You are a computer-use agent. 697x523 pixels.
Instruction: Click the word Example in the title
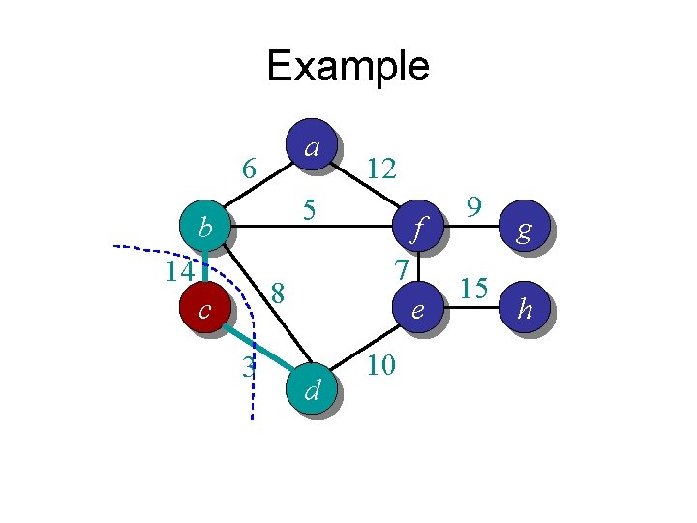pyautogui.click(x=348, y=67)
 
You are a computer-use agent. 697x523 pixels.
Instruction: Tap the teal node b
pyautogui.click(x=204, y=228)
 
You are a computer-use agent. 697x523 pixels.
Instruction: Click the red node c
pyautogui.click(x=204, y=309)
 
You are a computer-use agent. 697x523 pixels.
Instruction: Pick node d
pyautogui.click(x=312, y=389)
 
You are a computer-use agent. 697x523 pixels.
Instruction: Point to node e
pyautogui.click(x=417, y=309)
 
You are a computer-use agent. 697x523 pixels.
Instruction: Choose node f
pyautogui.click(x=417, y=229)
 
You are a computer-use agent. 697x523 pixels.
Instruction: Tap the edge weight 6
pyautogui.click(x=249, y=169)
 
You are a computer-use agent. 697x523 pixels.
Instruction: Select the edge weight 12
pyautogui.click(x=381, y=169)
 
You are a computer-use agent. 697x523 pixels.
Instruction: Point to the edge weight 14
pyautogui.click(x=178, y=270)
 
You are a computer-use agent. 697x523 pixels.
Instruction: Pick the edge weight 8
pyautogui.click(x=278, y=292)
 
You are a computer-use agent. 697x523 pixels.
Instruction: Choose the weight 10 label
pyautogui.click(x=381, y=366)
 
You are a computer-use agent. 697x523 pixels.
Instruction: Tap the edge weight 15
pyautogui.click(x=473, y=289)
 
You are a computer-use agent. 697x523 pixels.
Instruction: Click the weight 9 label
pyautogui.click(x=473, y=206)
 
